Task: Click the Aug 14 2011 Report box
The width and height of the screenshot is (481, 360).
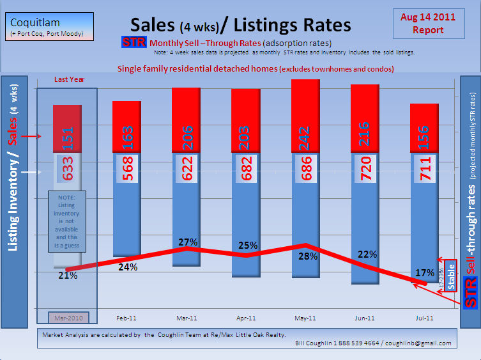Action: [x=428, y=24]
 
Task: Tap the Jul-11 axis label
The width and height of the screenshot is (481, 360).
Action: [x=425, y=317]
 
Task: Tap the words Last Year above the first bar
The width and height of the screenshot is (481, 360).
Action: [x=69, y=79]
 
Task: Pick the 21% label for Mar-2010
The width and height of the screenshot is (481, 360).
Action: [x=68, y=276]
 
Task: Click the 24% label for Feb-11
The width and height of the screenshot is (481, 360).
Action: [x=128, y=267]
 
